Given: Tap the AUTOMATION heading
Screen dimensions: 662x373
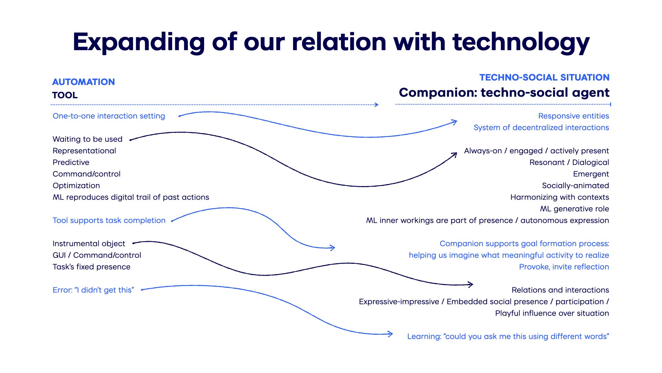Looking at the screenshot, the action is point(83,82).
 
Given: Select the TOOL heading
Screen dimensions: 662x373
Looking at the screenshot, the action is point(65,95).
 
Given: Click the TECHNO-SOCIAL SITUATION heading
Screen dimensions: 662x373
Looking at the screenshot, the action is point(544,77).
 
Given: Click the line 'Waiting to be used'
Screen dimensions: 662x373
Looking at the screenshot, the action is point(88,139).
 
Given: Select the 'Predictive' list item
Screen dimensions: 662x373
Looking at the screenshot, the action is point(71,162).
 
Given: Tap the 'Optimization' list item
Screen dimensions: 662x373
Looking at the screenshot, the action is point(76,186).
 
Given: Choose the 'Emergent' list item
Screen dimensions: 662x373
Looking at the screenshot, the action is point(591,174).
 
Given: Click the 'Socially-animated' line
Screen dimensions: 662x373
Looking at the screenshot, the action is point(575,186).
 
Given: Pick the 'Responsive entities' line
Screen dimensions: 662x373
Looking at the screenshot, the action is point(574,116).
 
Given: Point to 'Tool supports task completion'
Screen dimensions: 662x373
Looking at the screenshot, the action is point(109,220).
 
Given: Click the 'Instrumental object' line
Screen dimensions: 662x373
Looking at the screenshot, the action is point(89,243).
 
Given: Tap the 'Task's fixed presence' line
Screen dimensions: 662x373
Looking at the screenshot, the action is point(91,267).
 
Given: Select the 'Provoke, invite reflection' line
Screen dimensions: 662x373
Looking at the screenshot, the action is point(564,267).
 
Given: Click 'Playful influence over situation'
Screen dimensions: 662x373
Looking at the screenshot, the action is point(552,313).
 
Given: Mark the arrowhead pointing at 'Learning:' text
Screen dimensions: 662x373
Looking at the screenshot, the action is point(390,334).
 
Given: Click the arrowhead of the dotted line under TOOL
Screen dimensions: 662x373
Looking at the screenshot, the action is point(377,104).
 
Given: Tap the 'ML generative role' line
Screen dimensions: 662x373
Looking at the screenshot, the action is point(574,209).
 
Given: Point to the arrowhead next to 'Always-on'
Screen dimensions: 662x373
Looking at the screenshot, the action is point(454,155).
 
